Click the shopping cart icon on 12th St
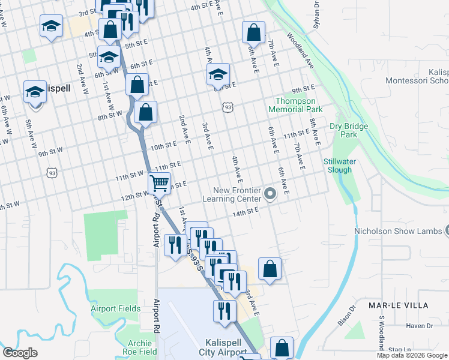click(x=160, y=183)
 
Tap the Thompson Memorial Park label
click(x=299, y=105)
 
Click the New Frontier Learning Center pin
click(x=270, y=194)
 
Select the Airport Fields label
click(x=116, y=308)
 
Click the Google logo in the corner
click(x=20, y=353)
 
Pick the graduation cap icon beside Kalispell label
click(x=35, y=93)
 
